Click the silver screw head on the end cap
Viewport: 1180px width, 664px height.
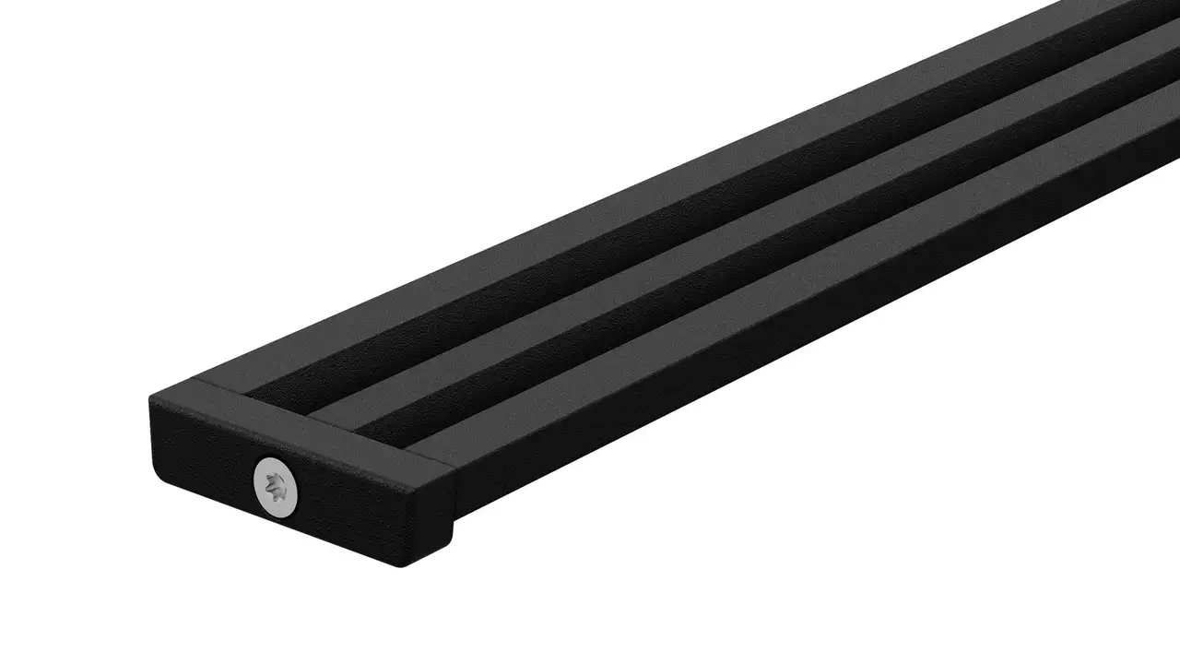pyautogui.click(x=277, y=485)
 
